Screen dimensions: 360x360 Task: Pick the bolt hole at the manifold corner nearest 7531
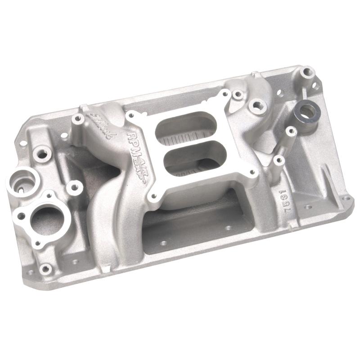pyautogui.click(x=346, y=198)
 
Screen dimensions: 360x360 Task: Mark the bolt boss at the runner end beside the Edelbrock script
pyautogui.click(x=77, y=119)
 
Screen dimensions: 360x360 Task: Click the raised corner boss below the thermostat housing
pyautogui.click(x=45, y=269)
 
